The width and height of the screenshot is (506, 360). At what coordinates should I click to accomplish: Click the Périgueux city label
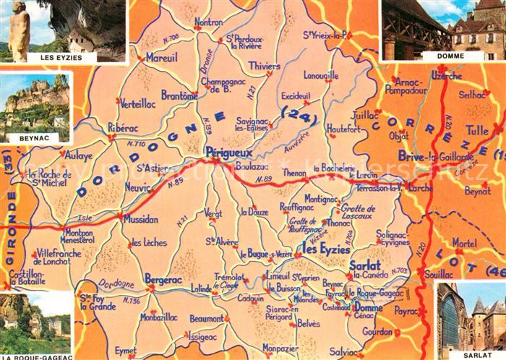[x=228, y=153]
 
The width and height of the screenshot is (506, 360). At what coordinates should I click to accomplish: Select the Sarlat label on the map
[x=364, y=265]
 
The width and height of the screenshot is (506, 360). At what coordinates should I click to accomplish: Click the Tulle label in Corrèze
[x=476, y=131]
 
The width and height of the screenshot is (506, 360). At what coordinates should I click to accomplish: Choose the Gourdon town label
[x=377, y=332]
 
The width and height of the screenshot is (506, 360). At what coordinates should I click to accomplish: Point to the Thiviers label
[x=264, y=66]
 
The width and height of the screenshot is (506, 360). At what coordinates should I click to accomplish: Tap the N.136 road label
[x=131, y=301]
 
